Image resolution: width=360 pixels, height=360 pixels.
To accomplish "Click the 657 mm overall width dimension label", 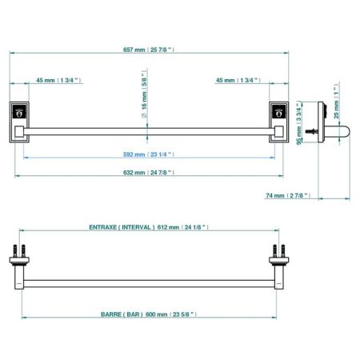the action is point(149,50).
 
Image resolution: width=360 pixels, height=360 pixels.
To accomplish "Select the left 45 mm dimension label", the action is point(58,80).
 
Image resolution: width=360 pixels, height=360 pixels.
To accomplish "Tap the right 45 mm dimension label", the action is point(238,80).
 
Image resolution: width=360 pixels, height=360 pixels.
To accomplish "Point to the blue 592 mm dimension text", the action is point(149,154).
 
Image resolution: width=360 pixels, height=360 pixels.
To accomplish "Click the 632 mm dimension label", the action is point(149,173).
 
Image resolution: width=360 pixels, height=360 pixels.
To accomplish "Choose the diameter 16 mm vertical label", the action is point(144,94).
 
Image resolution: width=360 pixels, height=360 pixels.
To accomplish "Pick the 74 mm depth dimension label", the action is point(288,195).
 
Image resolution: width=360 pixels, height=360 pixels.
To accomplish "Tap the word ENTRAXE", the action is point(102,227).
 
